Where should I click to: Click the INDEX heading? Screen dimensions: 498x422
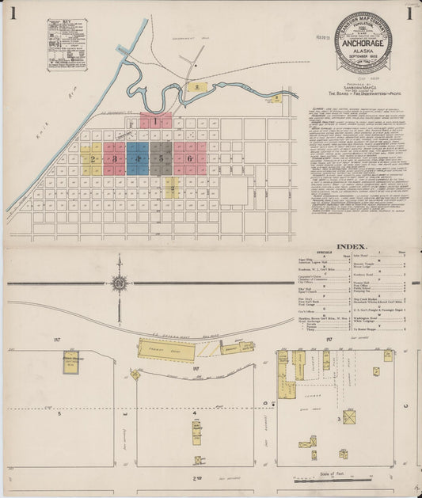pos(352,246)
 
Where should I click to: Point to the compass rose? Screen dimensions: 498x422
pos(118,283)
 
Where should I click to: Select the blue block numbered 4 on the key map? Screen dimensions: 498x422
pos(138,158)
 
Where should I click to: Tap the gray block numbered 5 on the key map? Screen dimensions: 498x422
pos(162,158)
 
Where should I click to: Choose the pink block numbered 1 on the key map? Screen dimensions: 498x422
pos(156,121)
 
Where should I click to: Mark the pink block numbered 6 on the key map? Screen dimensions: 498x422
pos(193,158)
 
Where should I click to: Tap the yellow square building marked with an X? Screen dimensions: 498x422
pos(348,416)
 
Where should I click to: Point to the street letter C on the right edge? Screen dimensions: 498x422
pos(408,407)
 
